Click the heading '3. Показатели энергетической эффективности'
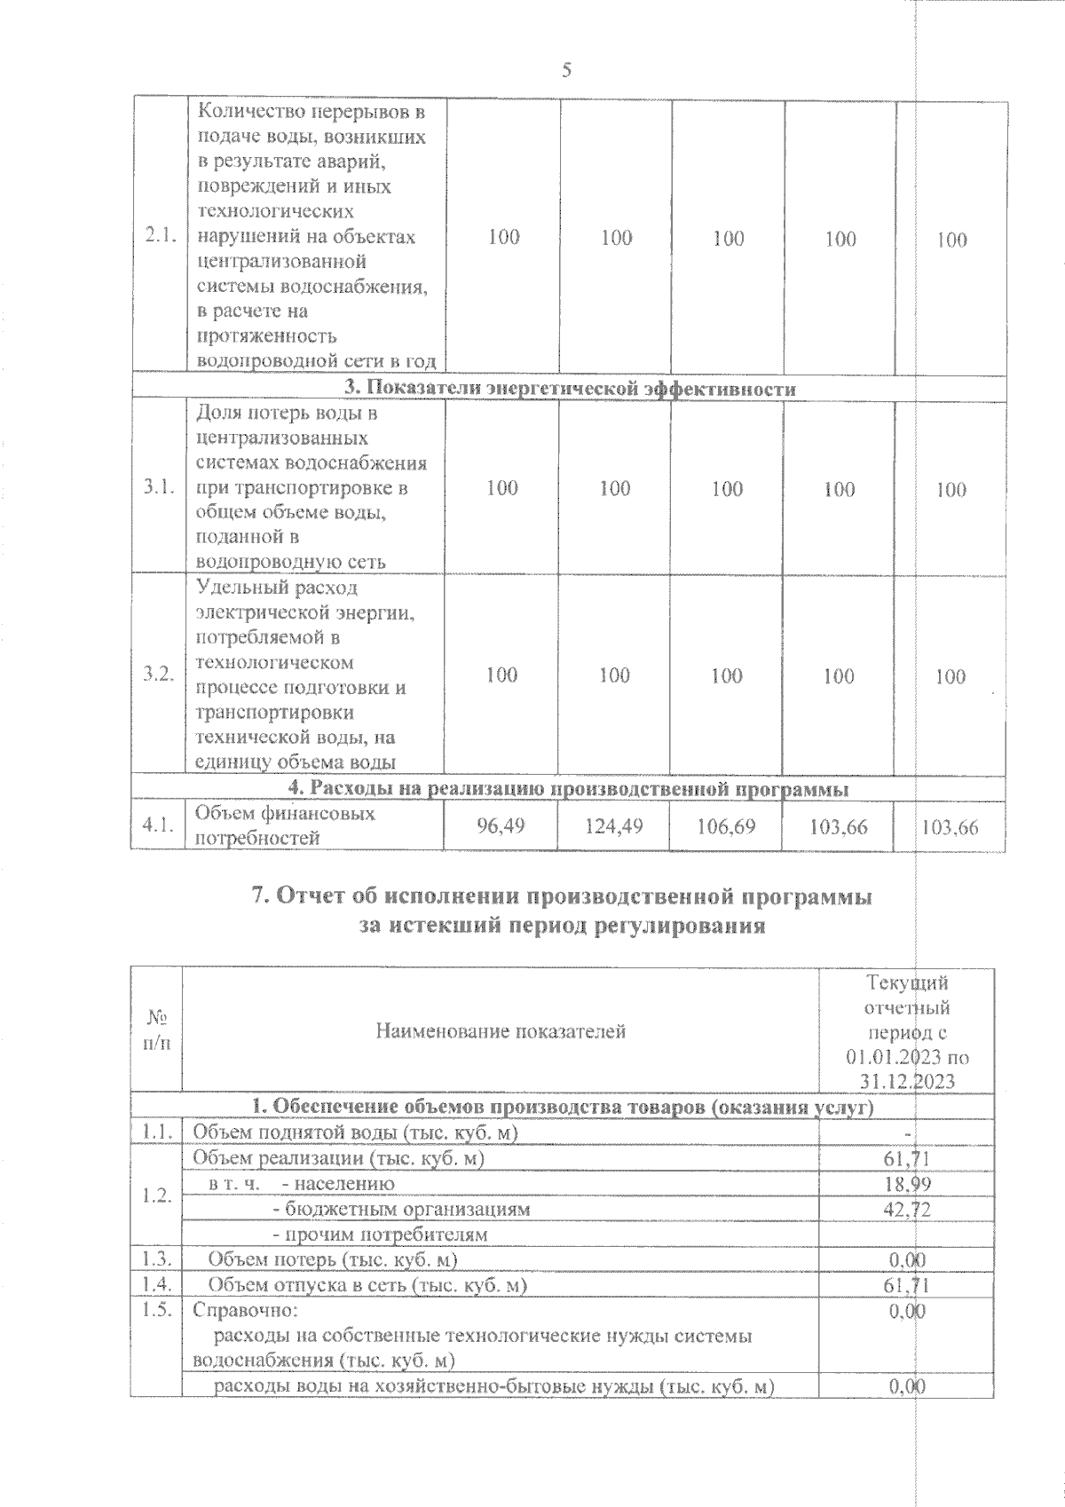tap(569, 389)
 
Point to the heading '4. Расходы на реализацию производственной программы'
tap(569, 788)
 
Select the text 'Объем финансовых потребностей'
tap(284, 825)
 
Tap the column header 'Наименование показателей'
tap(501, 1030)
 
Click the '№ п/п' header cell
tap(156, 1030)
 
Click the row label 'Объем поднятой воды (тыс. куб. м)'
tap(355, 1132)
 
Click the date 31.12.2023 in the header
tap(907, 1081)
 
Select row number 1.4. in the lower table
tap(156, 1284)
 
